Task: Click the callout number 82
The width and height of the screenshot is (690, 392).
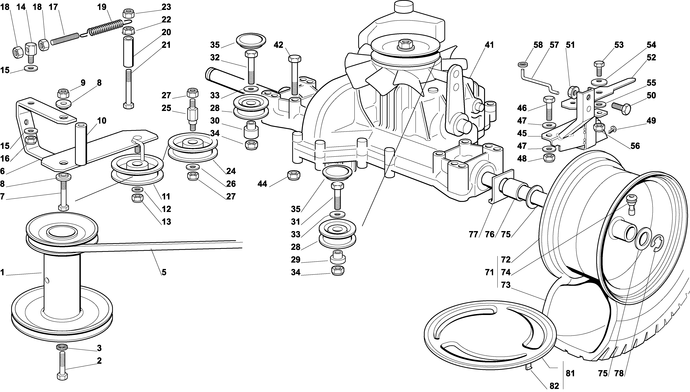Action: pyautogui.click(x=554, y=386)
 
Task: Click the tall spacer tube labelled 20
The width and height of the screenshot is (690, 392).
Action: pyautogui.click(x=129, y=52)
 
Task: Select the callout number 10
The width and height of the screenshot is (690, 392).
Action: pyautogui.click(x=102, y=121)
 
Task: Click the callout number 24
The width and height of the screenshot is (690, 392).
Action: pyautogui.click(x=231, y=171)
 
